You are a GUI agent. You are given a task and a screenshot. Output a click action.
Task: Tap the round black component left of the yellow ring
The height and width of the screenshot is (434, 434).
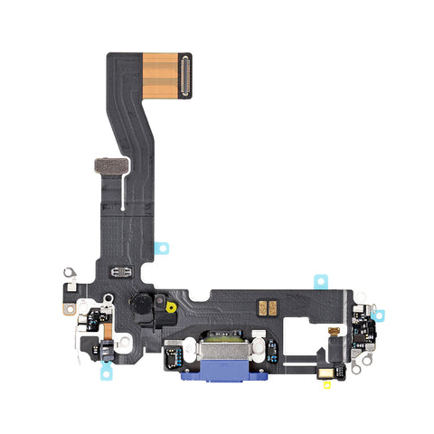coord(144,305)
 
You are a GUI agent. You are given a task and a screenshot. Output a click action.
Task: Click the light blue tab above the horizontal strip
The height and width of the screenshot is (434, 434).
coord(321,281)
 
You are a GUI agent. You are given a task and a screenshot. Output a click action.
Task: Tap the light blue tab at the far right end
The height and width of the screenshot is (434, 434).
coord(379,316)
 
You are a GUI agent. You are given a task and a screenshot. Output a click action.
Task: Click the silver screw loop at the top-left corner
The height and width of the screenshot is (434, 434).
coord(68,270)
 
